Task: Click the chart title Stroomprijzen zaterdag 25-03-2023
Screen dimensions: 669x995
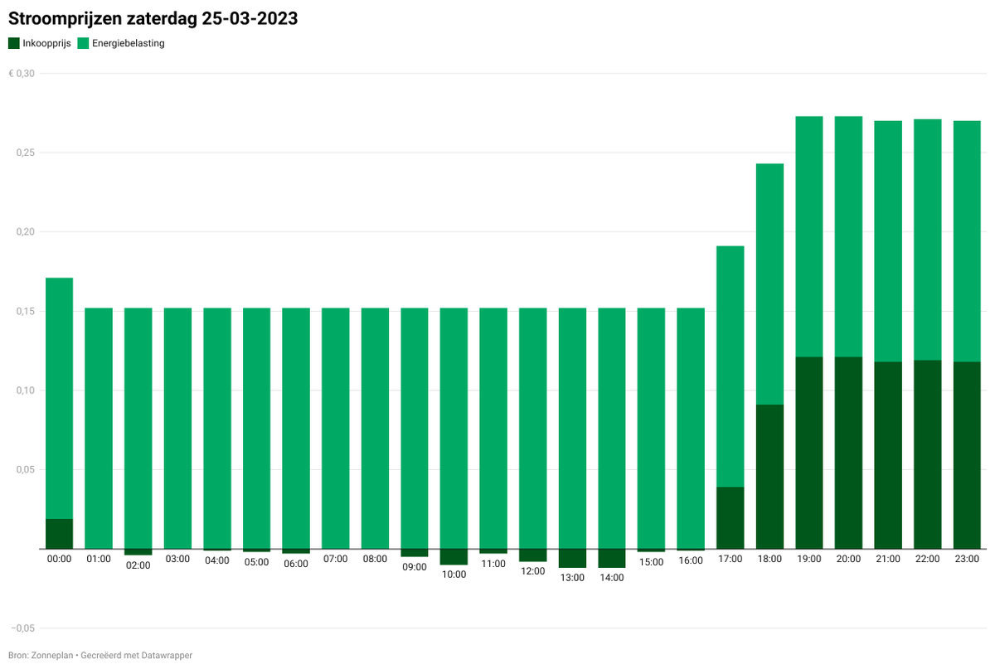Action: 153,19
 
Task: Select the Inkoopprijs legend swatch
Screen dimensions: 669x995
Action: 13,43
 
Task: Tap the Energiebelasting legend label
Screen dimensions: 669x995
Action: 128,43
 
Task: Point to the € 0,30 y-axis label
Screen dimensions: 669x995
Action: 22,74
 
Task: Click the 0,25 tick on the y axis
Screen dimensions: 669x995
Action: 26,153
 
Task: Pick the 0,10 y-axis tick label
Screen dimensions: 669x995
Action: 26,390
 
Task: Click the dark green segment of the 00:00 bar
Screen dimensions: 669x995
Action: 59,534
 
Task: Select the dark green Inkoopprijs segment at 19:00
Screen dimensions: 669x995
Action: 808,453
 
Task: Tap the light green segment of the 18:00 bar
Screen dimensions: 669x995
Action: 769,284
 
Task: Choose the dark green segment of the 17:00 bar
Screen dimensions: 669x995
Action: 730,517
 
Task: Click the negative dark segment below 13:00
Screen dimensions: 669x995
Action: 572,558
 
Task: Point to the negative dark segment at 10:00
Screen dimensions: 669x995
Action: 454,556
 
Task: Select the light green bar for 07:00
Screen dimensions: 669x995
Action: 335,428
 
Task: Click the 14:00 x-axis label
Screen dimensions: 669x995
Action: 612,577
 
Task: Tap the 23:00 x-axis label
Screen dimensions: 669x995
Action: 967,559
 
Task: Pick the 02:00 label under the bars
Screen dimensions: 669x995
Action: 138,565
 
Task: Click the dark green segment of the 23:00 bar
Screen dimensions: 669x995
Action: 967,455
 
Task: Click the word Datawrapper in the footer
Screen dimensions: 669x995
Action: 166,656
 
